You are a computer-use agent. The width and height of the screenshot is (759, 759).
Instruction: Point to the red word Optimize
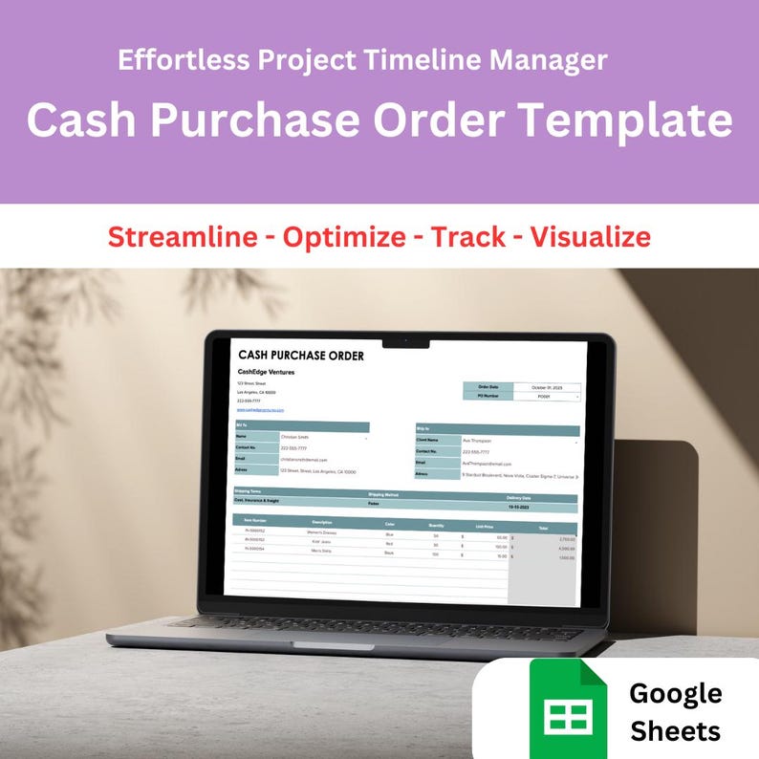(343, 236)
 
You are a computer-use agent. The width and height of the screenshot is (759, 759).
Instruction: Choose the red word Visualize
(591, 236)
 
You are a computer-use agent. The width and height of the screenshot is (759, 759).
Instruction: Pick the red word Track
(468, 236)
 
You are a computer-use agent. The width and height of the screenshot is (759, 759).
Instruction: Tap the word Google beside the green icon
(676, 693)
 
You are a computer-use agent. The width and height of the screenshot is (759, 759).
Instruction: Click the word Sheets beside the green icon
(675, 731)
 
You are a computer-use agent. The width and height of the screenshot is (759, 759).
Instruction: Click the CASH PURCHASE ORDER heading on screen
(300, 356)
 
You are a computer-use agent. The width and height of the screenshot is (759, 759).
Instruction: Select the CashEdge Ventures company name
(267, 372)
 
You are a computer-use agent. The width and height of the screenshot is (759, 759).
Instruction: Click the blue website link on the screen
(261, 409)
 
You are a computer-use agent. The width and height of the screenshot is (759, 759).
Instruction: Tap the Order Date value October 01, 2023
(545, 387)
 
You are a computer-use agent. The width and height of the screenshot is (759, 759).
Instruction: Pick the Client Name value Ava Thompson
(477, 441)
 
